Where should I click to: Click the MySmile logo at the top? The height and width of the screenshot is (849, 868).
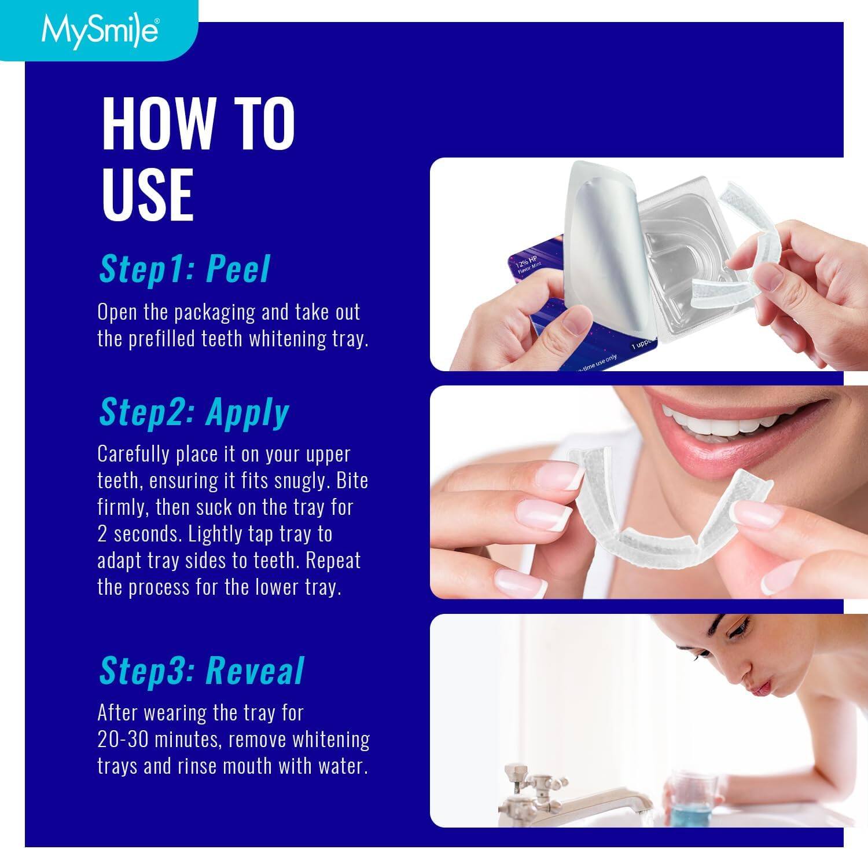click(97, 31)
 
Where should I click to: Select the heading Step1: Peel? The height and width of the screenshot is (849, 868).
click(185, 269)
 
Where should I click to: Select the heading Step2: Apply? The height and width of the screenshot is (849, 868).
click(194, 412)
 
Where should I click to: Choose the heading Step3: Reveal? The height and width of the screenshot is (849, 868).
click(201, 671)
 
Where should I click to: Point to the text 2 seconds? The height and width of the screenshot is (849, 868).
click(138, 534)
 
